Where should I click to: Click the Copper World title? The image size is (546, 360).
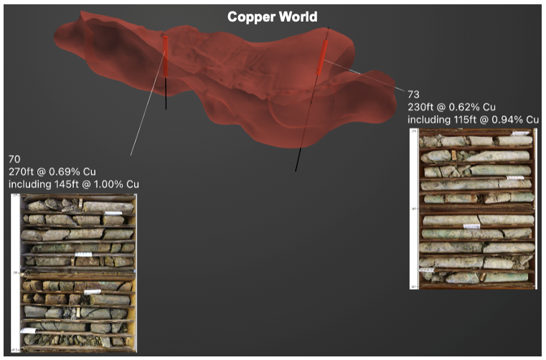pyautogui.click(x=272, y=16)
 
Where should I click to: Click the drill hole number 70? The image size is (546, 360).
pyautogui.click(x=15, y=158)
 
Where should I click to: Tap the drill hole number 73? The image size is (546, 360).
pyautogui.click(x=413, y=94)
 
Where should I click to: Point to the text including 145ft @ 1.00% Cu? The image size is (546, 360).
pyautogui.click(x=74, y=184)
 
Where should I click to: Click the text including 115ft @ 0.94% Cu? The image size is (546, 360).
pyautogui.click(x=474, y=119)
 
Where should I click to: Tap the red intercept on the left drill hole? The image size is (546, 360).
pyautogui.click(x=166, y=56)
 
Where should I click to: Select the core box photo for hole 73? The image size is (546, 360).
pyautogui.click(x=477, y=209)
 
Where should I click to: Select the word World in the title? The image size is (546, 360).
pyautogui.click(x=297, y=16)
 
